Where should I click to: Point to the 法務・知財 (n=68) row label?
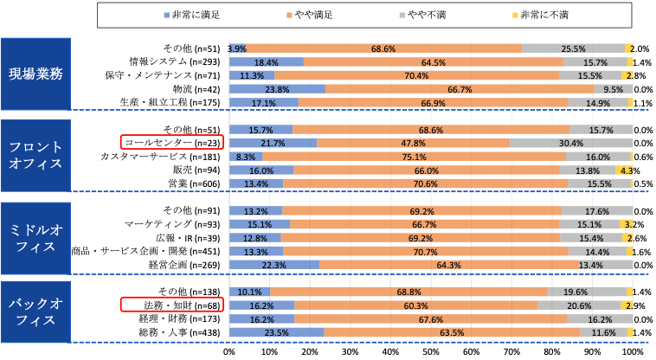click(172, 305)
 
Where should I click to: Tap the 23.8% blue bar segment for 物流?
click(277, 89)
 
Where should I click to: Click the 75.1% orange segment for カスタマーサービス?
click(414, 157)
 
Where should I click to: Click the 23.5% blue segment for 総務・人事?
click(276, 332)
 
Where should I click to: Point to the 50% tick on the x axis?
click(431, 352)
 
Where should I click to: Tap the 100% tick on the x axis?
click(633, 352)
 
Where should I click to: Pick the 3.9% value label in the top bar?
click(237, 49)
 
